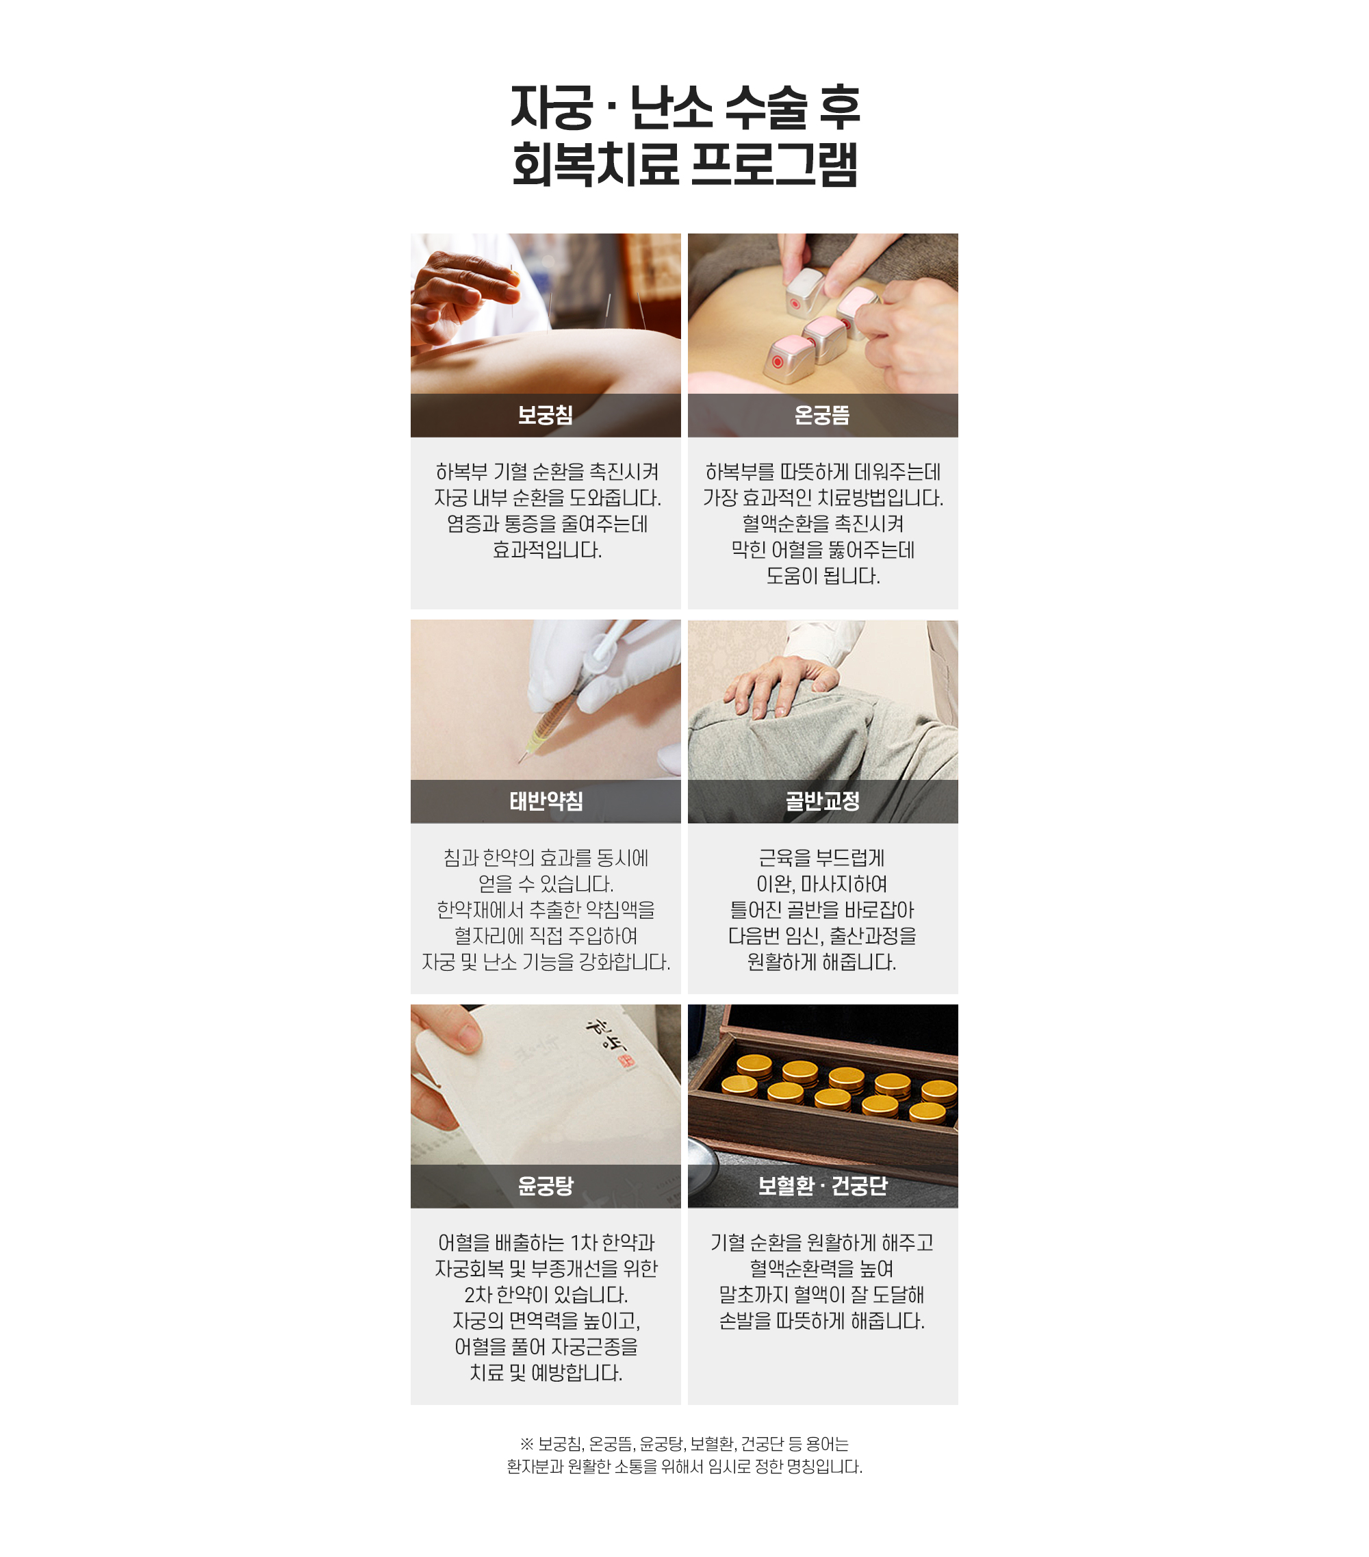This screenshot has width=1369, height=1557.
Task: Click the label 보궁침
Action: pyautogui.click(x=545, y=415)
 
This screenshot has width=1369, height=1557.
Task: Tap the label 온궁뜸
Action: pyautogui.click(x=822, y=415)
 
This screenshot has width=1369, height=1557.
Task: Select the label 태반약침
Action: pyautogui.click(x=546, y=801)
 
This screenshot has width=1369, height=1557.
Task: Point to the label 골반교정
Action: pyautogui.click(x=822, y=801)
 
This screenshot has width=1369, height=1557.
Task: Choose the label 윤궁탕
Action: pyautogui.click(x=545, y=1186)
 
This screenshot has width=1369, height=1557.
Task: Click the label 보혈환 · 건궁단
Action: pyautogui.click(x=822, y=1186)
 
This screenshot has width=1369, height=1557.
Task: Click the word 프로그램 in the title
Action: pyautogui.click(x=774, y=164)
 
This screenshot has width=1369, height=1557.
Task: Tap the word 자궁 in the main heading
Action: pyautogui.click(x=551, y=107)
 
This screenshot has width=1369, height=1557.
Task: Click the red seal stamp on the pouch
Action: pyautogui.click(x=625, y=1061)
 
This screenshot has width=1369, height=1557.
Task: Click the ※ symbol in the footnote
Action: pyautogui.click(x=527, y=1444)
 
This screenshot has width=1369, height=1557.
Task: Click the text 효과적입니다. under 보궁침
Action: pyautogui.click(x=547, y=550)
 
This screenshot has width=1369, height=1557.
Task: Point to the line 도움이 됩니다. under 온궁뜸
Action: pyautogui.click(x=823, y=576)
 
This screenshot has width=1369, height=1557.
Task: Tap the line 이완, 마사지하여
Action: pyautogui.click(x=822, y=885)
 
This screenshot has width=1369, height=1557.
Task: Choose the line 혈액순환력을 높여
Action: pyautogui.click(x=822, y=1269)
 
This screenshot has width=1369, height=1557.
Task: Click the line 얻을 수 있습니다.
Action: pyautogui.click(x=546, y=885)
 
